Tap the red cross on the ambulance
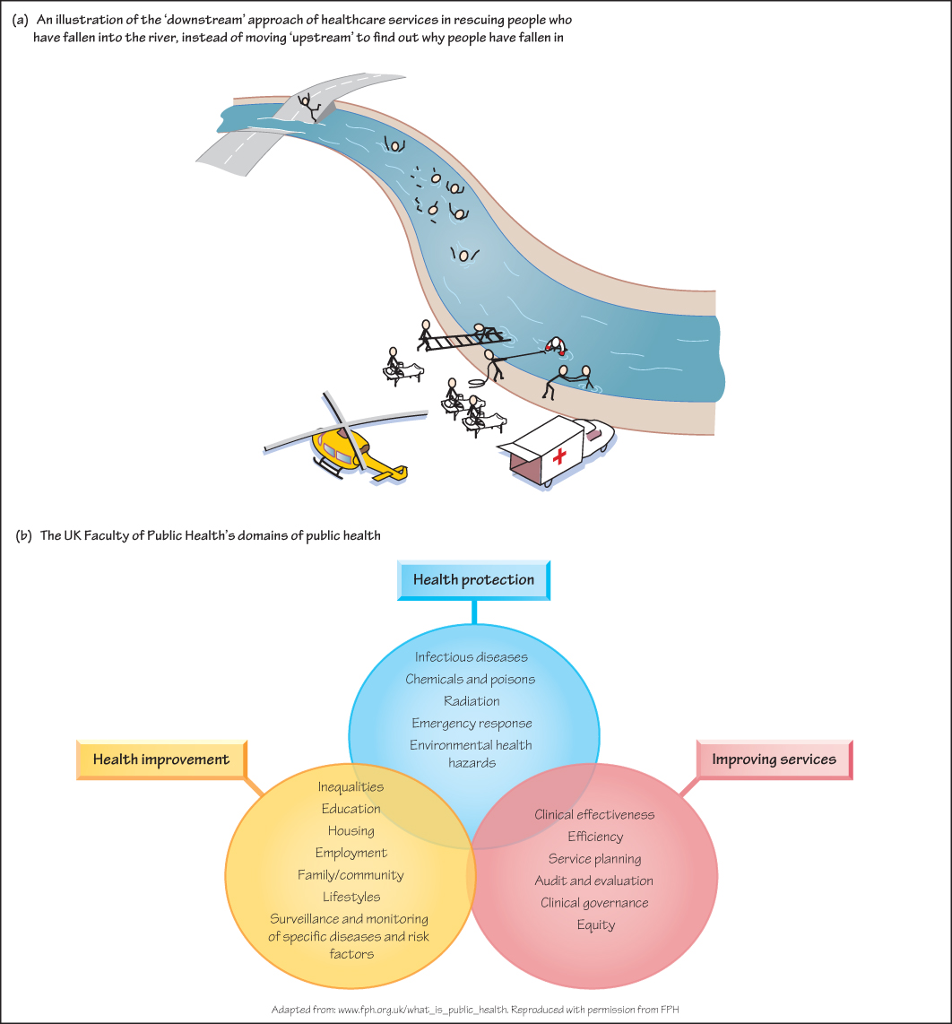click(x=560, y=457)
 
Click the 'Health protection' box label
click(x=473, y=580)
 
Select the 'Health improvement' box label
click(x=161, y=759)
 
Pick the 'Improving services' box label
click(x=774, y=759)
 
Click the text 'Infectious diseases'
click(x=472, y=657)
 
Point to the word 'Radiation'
click(x=472, y=700)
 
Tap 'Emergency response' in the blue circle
click(x=472, y=723)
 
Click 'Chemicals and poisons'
click(x=471, y=679)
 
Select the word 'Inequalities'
click(x=351, y=786)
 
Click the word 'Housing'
click(x=351, y=830)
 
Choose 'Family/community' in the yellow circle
click(x=351, y=874)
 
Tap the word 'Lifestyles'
click(x=351, y=896)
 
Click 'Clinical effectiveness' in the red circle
click(x=594, y=814)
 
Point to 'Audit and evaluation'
click(x=594, y=881)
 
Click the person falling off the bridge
click(x=310, y=106)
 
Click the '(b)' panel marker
click(x=24, y=536)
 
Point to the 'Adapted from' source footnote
click(x=476, y=1010)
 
